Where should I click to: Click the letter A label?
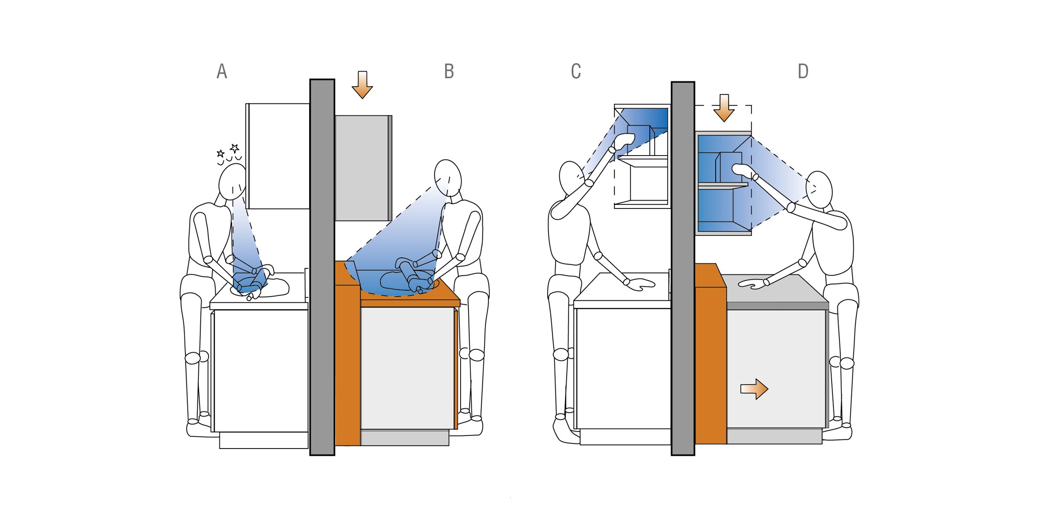click(222, 71)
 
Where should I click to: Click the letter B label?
click(449, 71)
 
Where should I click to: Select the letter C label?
click(576, 71)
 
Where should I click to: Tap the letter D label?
click(803, 71)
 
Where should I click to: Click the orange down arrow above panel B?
click(362, 85)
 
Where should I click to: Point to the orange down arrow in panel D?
click(724, 108)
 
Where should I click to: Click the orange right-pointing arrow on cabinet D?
click(754, 389)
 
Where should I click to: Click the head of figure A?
click(232, 181)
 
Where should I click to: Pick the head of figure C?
click(571, 178)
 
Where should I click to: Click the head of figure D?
click(819, 189)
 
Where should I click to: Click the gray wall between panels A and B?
click(322, 267)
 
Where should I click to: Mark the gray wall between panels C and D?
click(683, 268)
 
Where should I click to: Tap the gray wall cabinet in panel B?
click(363, 168)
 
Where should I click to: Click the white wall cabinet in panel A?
click(277, 156)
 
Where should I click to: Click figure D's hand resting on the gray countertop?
click(753, 284)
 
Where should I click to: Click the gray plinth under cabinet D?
click(774, 436)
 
